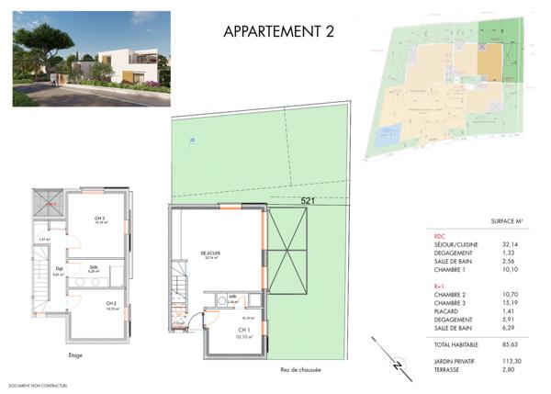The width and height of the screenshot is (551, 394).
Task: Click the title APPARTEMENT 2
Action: (x=277, y=31)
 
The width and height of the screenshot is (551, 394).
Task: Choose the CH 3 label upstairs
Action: (x=99, y=219)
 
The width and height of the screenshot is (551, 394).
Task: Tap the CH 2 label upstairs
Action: (x=111, y=304)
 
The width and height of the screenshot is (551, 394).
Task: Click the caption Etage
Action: (x=76, y=355)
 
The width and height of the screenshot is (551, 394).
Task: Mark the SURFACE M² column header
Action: (x=506, y=221)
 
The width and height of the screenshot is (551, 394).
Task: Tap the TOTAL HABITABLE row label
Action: (x=464, y=343)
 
